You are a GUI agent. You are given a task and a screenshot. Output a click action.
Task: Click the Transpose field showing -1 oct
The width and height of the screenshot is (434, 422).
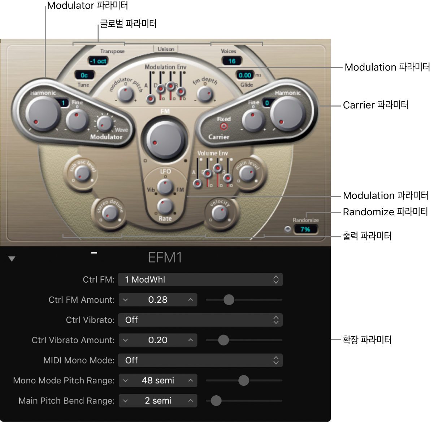click(x=98, y=61)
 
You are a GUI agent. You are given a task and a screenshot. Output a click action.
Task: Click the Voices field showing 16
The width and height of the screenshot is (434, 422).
click(x=231, y=61)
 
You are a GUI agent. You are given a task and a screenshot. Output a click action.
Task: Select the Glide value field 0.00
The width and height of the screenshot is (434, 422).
click(x=245, y=75)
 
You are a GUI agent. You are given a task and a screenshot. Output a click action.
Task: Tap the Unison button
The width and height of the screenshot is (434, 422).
click(x=166, y=49)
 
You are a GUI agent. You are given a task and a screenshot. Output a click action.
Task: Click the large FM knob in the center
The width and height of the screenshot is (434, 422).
click(x=165, y=140)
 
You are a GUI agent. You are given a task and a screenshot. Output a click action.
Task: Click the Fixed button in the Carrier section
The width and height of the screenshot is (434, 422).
click(x=224, y=126)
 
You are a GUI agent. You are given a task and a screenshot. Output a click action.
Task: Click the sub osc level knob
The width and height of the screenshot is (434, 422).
click(x=83, y=174)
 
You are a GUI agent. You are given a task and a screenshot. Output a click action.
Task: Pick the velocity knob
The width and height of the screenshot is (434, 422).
click(x=220, y=213)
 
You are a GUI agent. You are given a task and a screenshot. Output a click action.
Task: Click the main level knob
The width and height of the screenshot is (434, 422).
click(x=247, y=174)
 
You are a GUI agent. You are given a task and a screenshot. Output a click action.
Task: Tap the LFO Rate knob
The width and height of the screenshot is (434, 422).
click(x=165, y=206)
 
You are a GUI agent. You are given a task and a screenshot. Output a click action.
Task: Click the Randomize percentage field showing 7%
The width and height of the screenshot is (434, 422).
click(x=305, y=229)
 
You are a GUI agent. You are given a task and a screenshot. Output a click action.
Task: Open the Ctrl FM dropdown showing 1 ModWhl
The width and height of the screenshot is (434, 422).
click(x=200, y=280)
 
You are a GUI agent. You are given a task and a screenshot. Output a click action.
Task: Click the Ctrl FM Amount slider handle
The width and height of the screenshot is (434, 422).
click(x=229, y=300)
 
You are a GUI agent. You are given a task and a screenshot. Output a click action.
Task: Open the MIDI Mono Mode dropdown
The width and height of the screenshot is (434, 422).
click(x=200, y=361)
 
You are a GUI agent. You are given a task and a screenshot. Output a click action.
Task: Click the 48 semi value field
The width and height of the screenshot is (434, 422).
click(x=158, y=380)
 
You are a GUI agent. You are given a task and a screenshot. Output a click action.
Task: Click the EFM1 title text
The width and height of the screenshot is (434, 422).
click(x=165, y=258)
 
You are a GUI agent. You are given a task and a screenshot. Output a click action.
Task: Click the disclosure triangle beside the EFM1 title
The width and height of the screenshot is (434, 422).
click(x=12, y=259)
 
